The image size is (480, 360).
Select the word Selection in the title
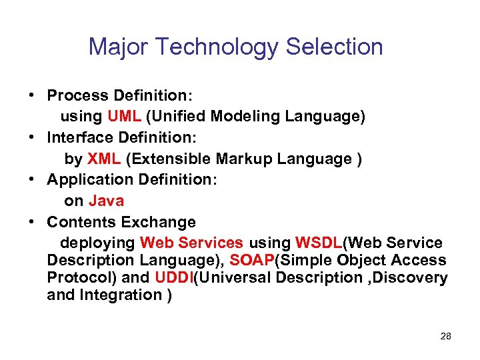click(335, 47)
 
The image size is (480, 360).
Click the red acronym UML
click(123, 116)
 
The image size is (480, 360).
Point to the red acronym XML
click(104, 159)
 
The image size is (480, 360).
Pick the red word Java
click(106, 201)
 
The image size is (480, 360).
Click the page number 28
click(446, 336)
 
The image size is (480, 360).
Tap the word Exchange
click(164, 222)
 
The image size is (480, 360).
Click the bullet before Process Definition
click(31, 95)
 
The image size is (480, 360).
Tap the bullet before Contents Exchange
click(31, 222)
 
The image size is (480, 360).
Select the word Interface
click(76, 137)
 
